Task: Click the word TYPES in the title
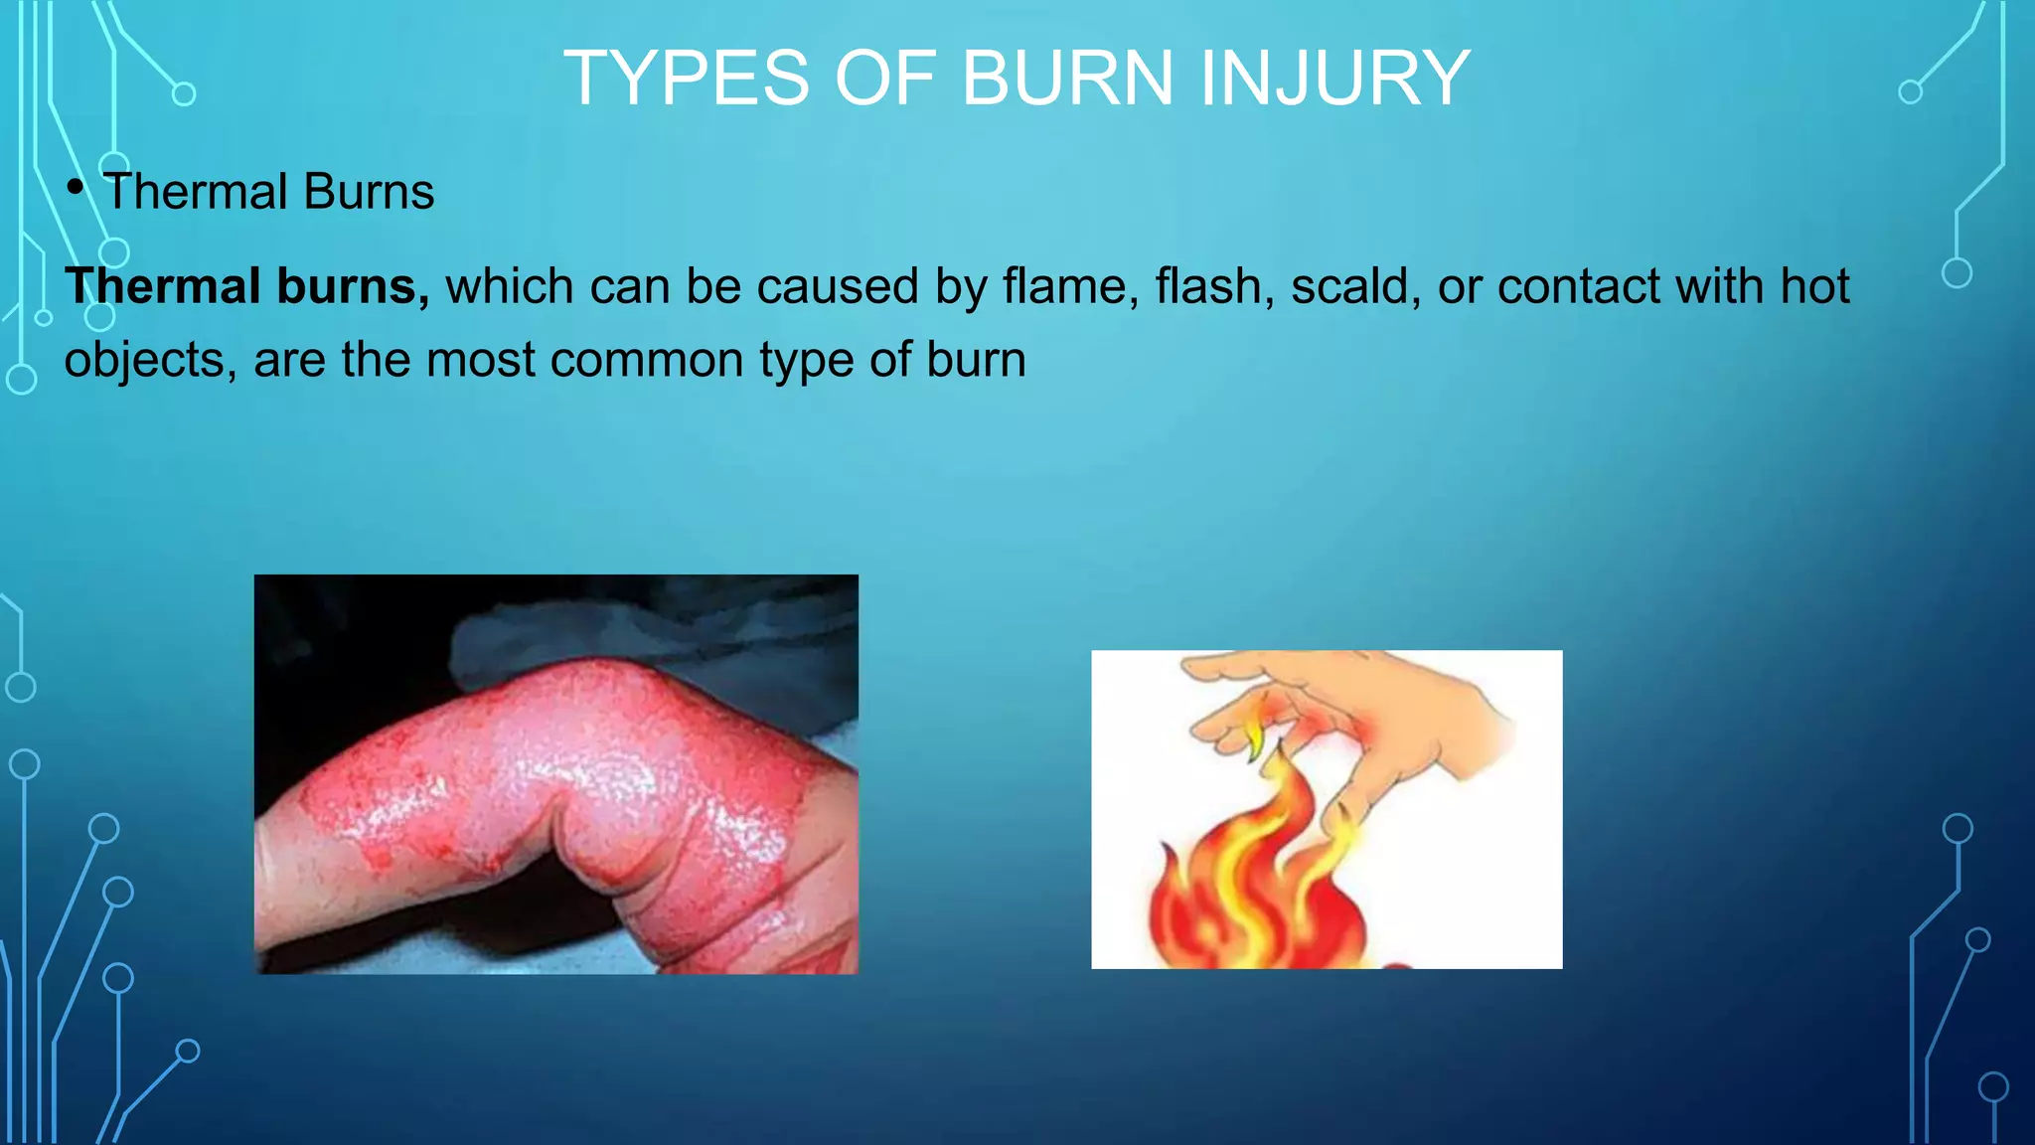pyautogui.click(x=687, y=79)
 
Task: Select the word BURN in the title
pyautogui.click(x=1069, y=79)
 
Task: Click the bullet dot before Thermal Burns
pyautogui.click(x=76, y=187)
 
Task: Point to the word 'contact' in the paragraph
pyautogui.click(x=1579, y=286)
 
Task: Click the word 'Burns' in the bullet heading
pyautogui.click(x=370, y=192)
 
